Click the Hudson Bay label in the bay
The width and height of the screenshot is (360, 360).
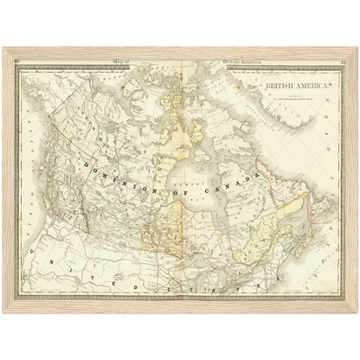tap(202, 182)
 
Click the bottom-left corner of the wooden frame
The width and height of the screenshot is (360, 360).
tap(4, 309)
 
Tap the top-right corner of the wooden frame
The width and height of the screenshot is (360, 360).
tap(355, 48)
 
